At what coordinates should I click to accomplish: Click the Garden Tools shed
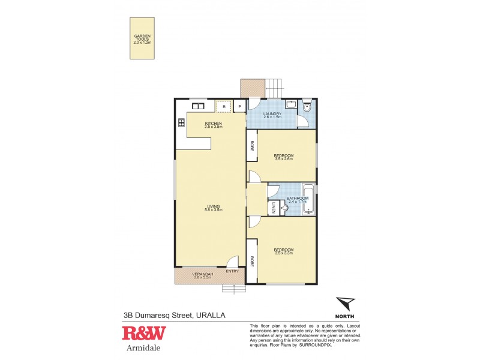(142, 38)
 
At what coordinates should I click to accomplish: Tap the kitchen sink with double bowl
(198, 106)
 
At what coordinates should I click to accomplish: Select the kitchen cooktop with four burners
(181, 123)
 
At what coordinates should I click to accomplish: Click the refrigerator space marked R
(223, 107)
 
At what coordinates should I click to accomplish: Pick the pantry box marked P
(239, 107)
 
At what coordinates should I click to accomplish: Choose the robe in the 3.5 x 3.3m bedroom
(252, 261)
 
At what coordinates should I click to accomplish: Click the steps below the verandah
(234, 289)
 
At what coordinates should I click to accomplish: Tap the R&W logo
(144, 334)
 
